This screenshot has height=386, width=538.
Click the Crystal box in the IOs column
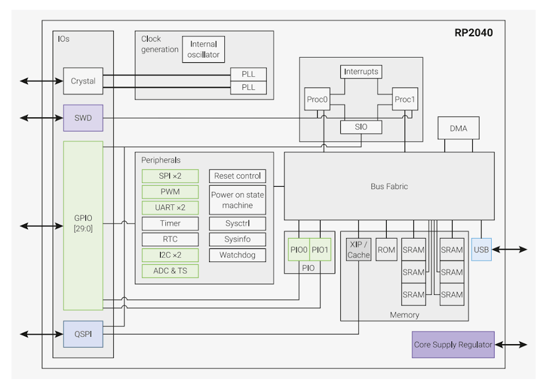[x=83, y=81]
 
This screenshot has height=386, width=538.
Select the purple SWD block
[x=83, y=118]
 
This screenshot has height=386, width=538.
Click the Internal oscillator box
[x=203, y=50]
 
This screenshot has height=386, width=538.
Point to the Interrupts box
[x=361, y=72]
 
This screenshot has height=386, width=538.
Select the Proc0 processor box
[x=318, y=100]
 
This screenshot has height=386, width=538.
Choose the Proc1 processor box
[x=405, y=100]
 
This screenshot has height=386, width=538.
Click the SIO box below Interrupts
[x=361, y=127]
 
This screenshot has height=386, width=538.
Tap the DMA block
[x=458, y=128]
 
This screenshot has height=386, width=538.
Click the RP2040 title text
[x=473, y=33]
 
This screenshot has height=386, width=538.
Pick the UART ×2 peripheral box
[x=170, y=207]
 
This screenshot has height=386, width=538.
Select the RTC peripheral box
[x=170, y=239]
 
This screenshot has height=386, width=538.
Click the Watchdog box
[x=237, y=255]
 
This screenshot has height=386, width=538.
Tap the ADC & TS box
[x=170, y=271]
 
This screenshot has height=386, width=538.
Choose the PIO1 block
[x=320, y=249]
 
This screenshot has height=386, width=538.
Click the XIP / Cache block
[x=358, y=250]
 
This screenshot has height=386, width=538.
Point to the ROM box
[x=386, y=250]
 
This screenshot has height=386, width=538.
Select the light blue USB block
[x=481, y=250]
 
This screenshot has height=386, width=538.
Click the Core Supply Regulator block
[x=453, y=345]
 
